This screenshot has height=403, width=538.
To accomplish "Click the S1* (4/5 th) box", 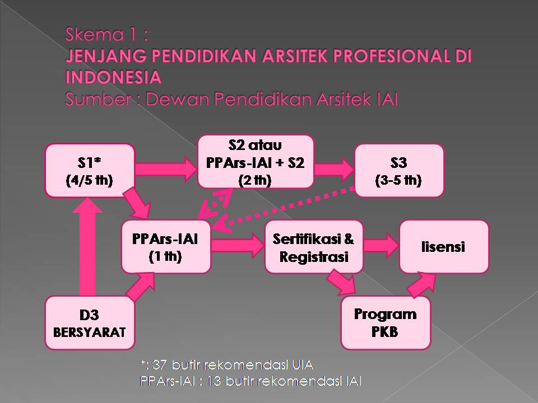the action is pyautogui.click(x=90, y=170).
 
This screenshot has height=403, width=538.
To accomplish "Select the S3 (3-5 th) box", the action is pyautogui.click(x=399, y=170).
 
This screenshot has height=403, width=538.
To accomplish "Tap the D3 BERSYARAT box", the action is pyautogui.click(x=90, y=323).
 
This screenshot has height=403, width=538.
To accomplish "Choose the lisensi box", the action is pyautogui.click(x=444, y=247).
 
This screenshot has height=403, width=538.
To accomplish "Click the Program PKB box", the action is pyautogui.click(x=386, y=323).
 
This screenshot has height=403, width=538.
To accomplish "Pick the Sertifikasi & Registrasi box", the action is pyautogui.click(x=314, y=247).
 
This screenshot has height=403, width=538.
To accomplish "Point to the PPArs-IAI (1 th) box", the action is pyautogui.click(x=166, y=247).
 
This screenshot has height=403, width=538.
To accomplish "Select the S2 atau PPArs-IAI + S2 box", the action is pyautogui.click(x=256, y=162).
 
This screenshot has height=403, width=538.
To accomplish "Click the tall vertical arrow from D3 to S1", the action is pyautogui.click(x=87, y=247).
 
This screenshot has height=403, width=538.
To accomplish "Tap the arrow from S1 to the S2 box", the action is pyautogui.click(x=166, y=169).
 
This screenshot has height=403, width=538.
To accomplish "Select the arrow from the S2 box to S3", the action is pyautogui.click(x=334, y=169).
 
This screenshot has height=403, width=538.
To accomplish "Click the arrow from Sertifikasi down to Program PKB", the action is pyautogui.click(x=341, y=282).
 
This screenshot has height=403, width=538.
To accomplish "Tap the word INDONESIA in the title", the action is pyautogui.click(x=114, y=77).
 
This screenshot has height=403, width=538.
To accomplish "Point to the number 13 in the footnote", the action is pyautogui.click(x=214, y=381).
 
